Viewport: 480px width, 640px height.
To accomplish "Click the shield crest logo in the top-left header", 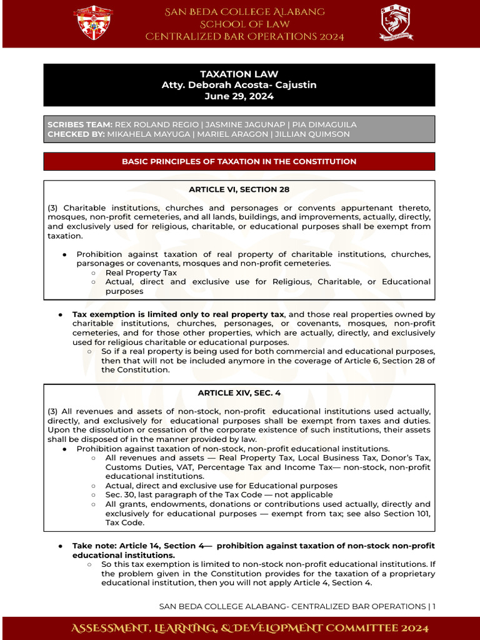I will tap(94, 23).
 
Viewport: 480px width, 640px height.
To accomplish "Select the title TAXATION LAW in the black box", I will tap(239, 74).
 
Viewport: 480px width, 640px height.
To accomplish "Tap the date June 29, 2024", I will tap(239, 96).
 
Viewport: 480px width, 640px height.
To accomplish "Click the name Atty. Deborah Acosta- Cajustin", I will tap(239, 85).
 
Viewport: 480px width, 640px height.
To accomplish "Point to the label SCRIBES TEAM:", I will tap(80, 125).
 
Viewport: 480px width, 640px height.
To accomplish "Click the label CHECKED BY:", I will tap(76, 134).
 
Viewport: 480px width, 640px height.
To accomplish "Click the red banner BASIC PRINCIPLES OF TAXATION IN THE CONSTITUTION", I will tap(239, 161).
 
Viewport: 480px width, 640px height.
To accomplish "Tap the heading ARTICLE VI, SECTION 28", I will tap(239, 189).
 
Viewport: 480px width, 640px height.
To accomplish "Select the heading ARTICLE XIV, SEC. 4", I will tap(239, 392).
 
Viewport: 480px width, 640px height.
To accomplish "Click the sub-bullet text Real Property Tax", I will tap(141, 272).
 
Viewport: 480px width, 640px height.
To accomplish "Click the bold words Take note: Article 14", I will tap(119, 546).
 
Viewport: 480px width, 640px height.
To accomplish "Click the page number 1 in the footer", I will tap(433, 606).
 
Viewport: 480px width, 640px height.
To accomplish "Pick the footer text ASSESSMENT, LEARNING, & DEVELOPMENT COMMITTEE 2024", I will tap(239, 627).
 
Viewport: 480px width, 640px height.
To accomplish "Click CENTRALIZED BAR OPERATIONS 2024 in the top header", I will tap(244, 37).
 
